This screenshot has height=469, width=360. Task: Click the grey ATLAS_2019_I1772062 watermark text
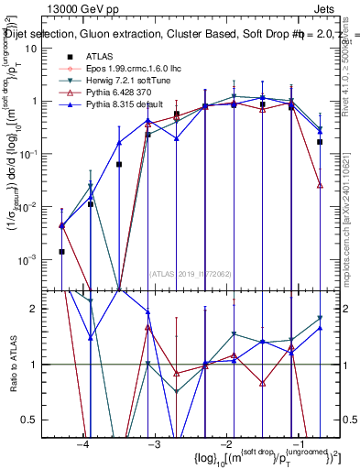click(191, 272)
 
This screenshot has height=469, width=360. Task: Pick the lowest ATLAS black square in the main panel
click(62, 251)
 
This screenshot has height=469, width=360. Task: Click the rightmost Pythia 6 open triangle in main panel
click(320, 185)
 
